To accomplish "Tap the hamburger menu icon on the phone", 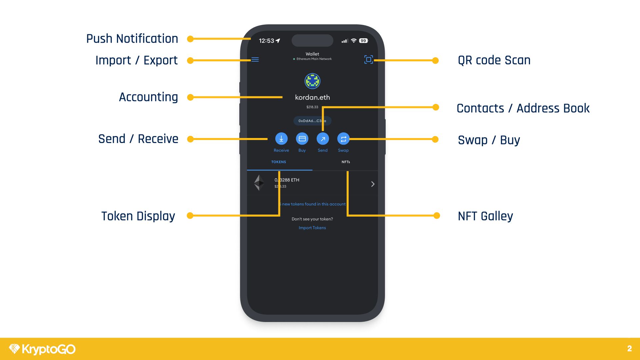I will [x=255, y=60].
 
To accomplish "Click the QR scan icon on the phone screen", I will [x=368, y=60].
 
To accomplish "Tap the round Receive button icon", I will [x=281, y=139].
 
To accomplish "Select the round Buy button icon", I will [x=302, y=139].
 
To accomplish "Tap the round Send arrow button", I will [x=323, y=139].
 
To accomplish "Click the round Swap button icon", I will [x=343, y=139].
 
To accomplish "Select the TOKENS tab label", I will [x=279, y=162].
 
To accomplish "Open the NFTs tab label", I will [x=346, y=162].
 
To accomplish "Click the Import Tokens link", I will [x=312, y=228].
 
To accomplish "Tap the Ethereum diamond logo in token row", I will [x=259, y=183].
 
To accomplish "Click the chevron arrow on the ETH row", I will [x=373, y=184].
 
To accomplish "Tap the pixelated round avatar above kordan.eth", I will [x=312, y=81].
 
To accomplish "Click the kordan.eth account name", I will [x=312, y=97].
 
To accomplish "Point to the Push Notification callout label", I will [x=132, y=39].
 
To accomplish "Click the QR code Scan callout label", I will [x=494, y=60].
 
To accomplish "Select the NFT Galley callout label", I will [x=485, y=216].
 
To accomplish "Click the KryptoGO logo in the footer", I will [x=42, y=349].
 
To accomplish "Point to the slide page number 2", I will [x=629, y=349].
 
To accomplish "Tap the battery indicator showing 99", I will [x=363, y=41].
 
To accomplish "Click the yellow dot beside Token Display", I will [x=190, y=216].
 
